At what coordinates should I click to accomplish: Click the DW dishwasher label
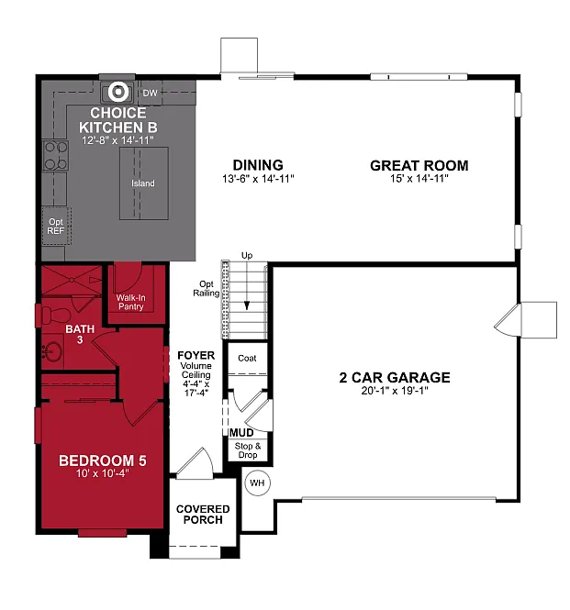coord(151,93)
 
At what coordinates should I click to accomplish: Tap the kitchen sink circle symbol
coord(117,92)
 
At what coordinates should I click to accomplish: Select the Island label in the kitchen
coord(143,183)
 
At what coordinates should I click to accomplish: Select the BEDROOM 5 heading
coord(102,460)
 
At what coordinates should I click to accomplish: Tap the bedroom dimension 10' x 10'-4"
coord(102,474)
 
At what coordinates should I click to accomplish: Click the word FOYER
coord(196,355)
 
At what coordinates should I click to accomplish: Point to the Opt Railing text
coord(205,289)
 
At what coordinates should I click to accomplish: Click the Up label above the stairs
coord(246,255)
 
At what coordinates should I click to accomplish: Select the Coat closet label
coord(247,359)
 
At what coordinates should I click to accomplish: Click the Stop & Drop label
coord(248,449)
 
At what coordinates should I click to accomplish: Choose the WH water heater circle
coord(256,483)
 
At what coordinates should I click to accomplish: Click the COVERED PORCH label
coord(203,514)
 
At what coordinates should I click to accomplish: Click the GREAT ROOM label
coord(419,166)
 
